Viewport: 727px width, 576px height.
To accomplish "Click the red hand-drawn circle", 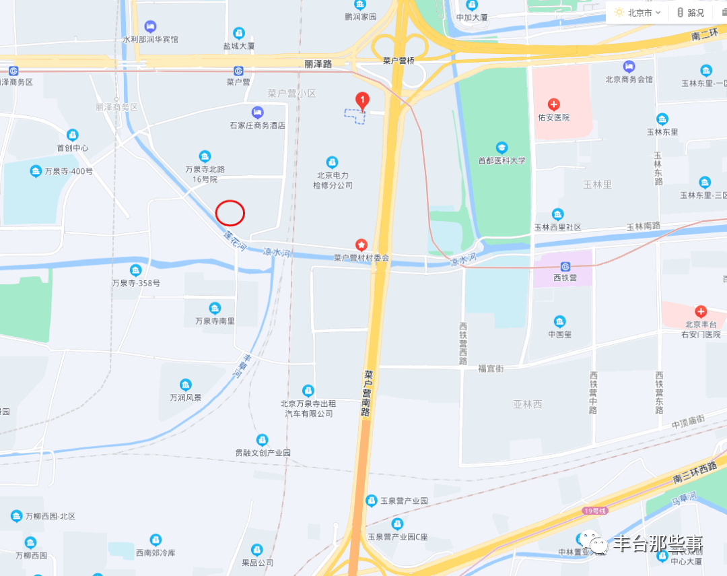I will click(x=230, y=213).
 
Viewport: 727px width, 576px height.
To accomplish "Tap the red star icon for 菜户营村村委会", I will click(x=361, y=244).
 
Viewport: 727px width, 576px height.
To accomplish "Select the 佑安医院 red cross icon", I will click(x=553, y=104).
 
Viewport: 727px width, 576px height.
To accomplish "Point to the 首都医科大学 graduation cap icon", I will click(x=501, y=148).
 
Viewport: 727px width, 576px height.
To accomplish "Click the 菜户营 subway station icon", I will click(x=238, y=71).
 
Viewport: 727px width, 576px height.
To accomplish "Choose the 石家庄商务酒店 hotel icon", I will click(x=257, y=112).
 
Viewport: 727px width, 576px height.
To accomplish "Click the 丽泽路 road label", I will click(x=318, y=64).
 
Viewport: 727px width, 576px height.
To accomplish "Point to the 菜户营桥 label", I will click(x=399, y=61).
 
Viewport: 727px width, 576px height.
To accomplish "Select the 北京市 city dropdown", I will click(x=638, y=12).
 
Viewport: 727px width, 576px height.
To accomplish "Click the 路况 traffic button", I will click(x=691, y=12).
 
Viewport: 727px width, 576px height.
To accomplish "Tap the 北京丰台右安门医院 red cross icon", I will click(x=701, y=311).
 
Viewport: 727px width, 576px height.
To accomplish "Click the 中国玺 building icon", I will click(x=559, y=321).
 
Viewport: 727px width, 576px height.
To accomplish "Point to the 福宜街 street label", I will click(x=491, y=369).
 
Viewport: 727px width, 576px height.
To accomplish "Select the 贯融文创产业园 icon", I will click(x=263, y=440).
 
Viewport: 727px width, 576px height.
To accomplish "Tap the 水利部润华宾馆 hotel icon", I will click(x=150, y=26).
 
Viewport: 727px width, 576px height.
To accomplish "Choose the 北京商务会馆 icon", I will click(x=629, y=66).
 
